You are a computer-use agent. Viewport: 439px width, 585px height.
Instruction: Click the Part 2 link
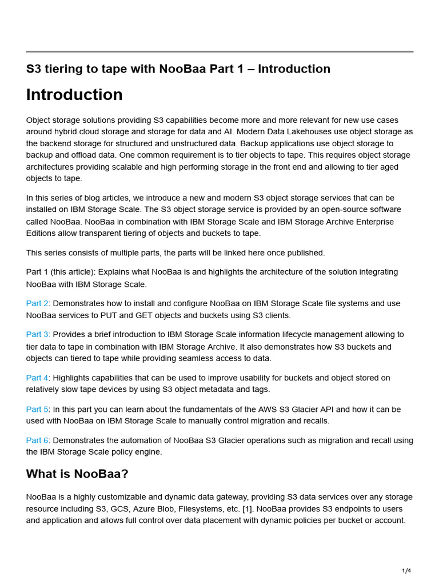[37, 303]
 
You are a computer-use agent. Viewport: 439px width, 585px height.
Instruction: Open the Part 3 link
[38, 334]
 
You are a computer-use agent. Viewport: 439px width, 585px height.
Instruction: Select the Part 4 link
[37, 378]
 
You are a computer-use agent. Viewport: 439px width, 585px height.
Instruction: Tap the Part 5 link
[37, 409]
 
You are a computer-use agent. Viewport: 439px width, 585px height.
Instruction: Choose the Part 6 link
[37, 440]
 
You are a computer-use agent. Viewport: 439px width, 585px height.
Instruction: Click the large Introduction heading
[74, 95]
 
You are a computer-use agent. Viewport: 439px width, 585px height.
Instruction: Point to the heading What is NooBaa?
[77, 474]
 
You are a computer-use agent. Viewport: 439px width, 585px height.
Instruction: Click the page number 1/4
[406, 571]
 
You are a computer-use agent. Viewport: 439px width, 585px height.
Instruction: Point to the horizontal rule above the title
[219, 52]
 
